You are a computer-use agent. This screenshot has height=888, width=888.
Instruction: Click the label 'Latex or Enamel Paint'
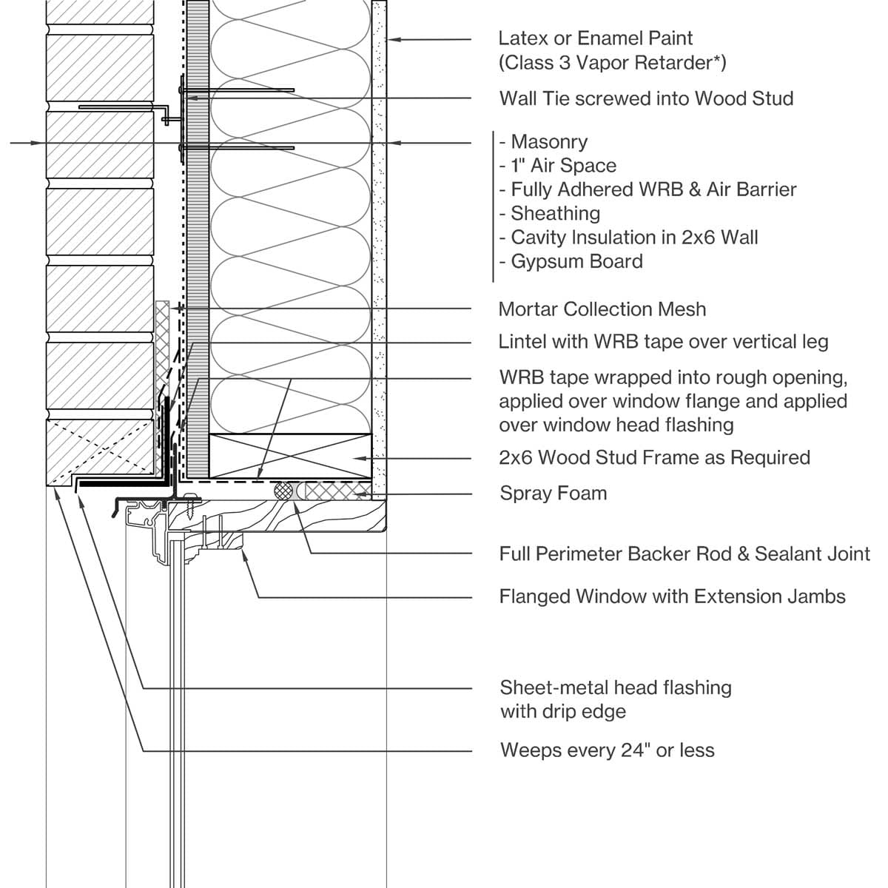click(x=595, y=38)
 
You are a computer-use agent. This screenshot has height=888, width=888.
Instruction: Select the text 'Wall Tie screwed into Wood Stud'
click(x=646, y=98)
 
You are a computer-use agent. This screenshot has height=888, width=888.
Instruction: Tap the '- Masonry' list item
click(x=543, y=141)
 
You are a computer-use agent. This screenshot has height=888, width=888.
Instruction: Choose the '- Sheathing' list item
click(x=549, y=213)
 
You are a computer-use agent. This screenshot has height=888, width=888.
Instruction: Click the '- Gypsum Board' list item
click(x=571, y=261)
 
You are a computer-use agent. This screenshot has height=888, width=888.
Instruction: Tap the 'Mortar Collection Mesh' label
click(x=602, y=309)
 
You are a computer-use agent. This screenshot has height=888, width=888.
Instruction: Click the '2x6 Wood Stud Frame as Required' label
click(x=654, y=457)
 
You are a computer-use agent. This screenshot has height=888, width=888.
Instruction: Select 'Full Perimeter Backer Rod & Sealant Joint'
click(x=684, y=554)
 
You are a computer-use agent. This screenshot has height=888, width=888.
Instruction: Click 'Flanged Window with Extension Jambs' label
click(x=672, y=596)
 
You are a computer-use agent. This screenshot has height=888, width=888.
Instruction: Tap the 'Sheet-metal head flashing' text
click(x=616, y=687)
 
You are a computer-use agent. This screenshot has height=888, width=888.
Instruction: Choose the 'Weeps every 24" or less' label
click(x=607, y=750)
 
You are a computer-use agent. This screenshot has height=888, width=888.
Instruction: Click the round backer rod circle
click(x=284, y=490)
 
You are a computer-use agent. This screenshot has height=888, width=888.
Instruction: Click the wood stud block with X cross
click(x=290, y=455)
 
